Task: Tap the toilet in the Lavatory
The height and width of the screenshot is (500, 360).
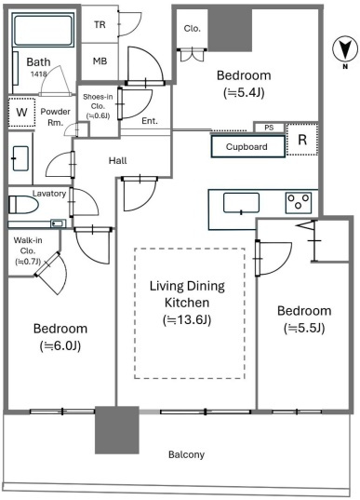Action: (23, 205)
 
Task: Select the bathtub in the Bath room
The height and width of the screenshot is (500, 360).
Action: (43, 30)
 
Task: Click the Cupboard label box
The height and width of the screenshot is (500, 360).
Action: (247, 146)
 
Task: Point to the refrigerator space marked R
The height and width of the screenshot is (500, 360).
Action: (302, 140)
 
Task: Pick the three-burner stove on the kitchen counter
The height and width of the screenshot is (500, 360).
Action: (298, 202)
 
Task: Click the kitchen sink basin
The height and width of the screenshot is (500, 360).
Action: (241, 203)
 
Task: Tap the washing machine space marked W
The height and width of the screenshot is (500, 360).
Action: (21, 113)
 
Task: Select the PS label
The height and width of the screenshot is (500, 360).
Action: (269, 128)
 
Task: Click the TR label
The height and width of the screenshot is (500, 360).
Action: (100, 24)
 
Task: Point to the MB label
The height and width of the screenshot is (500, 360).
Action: (100, 61)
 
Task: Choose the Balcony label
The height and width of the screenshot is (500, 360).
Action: (186, 454)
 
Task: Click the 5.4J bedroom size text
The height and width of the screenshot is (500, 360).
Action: (244, 93)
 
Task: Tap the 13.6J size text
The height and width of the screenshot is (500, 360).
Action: (187, 320)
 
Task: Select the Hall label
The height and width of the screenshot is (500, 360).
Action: (117, 160)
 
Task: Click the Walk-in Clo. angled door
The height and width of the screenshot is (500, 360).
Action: (47, 264)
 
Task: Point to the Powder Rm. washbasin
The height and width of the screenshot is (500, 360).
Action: (20, 158)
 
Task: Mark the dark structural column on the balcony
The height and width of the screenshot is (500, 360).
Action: (117, 429)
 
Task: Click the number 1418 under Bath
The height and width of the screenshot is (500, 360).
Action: (38, 74)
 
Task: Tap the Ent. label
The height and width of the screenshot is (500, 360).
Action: (150, 121)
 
